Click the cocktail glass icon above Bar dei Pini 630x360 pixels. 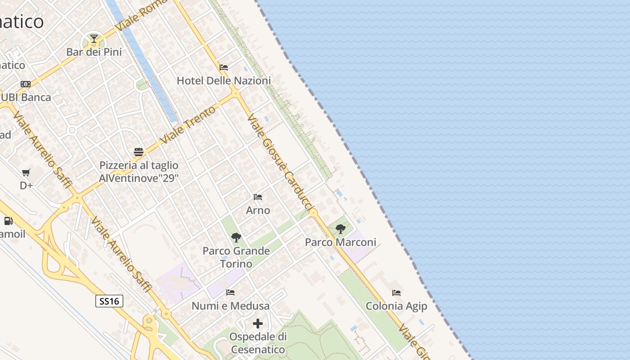tap(94, 39)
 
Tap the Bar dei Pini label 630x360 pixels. tap(94, 52)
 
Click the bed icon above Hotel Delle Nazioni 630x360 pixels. tap(224, 67)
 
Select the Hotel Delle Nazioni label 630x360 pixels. tap(224, 81)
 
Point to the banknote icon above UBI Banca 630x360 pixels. tap(26, 84)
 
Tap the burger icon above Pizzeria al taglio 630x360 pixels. tap(139, 152)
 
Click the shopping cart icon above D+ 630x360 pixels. tap(26, 172)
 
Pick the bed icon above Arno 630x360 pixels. tap(258, 197)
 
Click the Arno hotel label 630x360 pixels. tap(258, 210)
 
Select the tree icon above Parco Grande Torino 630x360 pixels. tap(236, 237)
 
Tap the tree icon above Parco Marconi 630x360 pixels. tap(341, 229)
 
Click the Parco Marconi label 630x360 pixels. tap(341, 243)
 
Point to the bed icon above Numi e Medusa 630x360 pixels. tap(230, 292)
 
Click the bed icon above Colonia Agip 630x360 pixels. tap(396, 293)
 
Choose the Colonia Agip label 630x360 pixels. tap(396, 306)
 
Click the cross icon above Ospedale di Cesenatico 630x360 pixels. tap(258, 324)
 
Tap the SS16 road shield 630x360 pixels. tap(109, 301)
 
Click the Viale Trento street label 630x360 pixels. tap(188, 125)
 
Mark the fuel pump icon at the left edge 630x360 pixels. tap(8, 221)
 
